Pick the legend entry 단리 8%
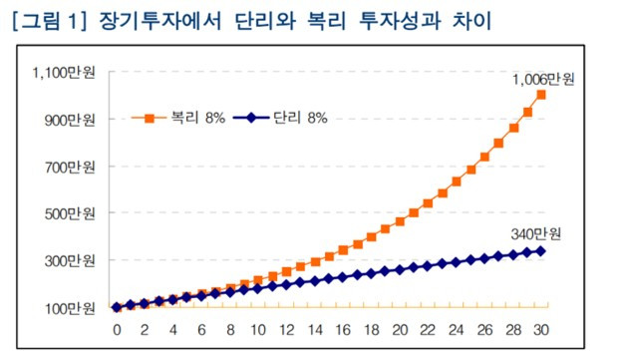[x=283, y=118]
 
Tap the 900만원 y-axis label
[x=70, y=120]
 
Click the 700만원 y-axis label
[x=70, y=167]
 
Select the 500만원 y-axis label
[x=70, y=213]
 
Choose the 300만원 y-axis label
[x=70, y=260]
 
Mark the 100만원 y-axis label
[x=70, y=308]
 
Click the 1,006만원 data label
[x=543, y=79]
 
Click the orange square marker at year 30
[x=541, y=95]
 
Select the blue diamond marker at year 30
[x=541, y=251]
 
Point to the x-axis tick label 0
[x=117, y=329]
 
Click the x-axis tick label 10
[x=258, y=329]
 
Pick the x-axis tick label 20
[x=400, y=329]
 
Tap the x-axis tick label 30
[x=541, y=329]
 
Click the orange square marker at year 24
[x=457, y=181]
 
